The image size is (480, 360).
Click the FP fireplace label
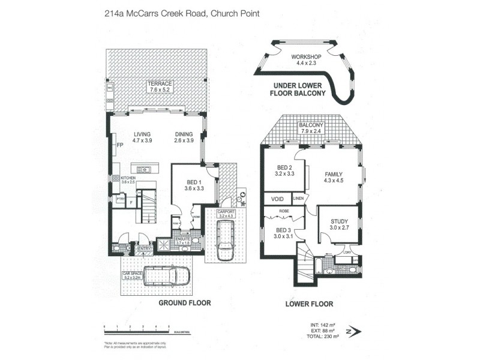pos(120,145)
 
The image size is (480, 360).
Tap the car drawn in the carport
pos(226,239)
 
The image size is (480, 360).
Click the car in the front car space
pos(167,275)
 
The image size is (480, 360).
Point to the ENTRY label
pos(144,248)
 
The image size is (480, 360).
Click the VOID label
pos(277,199)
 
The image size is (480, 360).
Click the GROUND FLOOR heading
pos(184,303)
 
